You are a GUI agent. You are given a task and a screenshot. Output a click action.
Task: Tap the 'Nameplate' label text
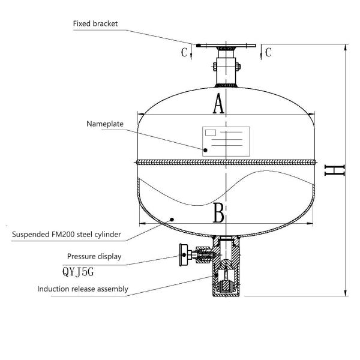tap(105, 124)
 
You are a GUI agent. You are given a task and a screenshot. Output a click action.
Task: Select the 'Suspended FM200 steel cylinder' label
tap(67, 233)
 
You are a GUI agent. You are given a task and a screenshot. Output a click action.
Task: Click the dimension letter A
tap(218, 104)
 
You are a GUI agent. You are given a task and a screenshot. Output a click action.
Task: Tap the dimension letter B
tap(218, 213)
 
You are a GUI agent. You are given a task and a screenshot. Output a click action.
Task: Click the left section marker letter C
tap(185, 52)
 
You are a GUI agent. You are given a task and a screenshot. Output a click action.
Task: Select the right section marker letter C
tap(268, 52)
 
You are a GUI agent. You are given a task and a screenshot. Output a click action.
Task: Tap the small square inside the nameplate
tap(211, 131)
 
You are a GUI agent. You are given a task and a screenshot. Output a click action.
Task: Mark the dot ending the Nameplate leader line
tap(205, 150)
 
